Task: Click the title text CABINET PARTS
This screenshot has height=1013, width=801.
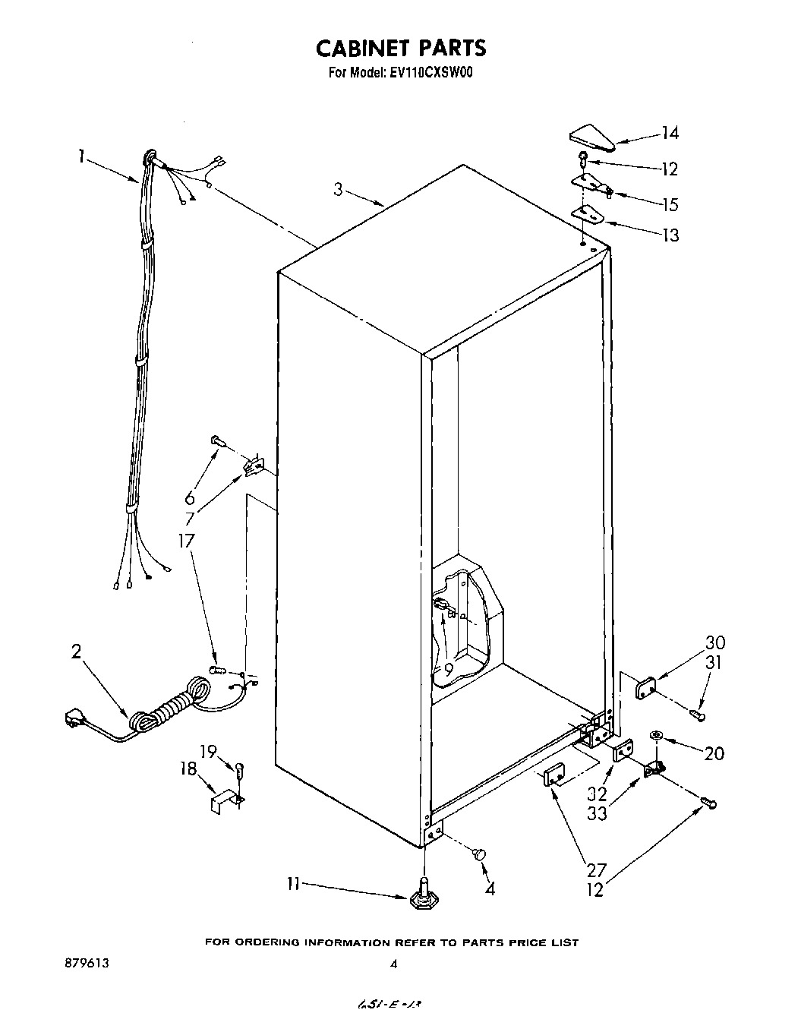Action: click(400, 48)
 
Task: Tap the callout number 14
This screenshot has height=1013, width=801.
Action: click(669, 134)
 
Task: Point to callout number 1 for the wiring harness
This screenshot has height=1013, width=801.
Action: click(80, 157)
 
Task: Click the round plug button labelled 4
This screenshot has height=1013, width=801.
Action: click(479, 855)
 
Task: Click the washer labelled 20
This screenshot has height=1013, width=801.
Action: click(656, 735)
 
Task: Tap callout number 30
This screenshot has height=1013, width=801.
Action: click(714, 642)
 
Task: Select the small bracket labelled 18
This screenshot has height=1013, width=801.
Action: click(223, 801)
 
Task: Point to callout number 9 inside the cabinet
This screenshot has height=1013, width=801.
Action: click(449, 670)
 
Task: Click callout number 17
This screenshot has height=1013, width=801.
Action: click(186, 541)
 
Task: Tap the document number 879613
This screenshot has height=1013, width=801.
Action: click(87, 963)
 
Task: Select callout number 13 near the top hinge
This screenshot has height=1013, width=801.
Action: click(670, 235)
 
